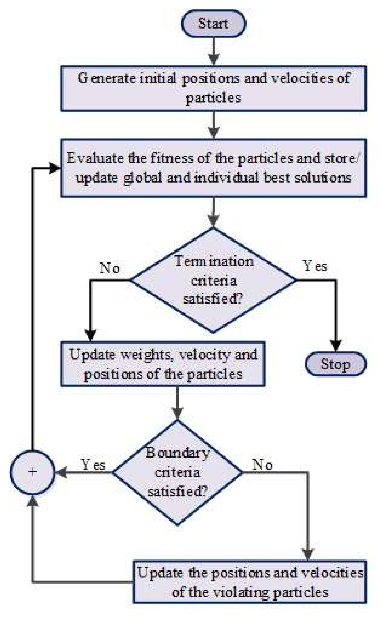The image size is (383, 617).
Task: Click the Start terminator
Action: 213,23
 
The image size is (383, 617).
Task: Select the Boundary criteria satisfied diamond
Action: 178,472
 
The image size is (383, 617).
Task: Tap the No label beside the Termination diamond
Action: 110,268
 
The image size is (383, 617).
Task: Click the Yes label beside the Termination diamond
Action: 315,266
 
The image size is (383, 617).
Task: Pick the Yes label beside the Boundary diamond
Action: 93,465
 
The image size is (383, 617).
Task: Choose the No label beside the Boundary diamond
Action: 262,465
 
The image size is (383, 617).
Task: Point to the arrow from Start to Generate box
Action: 213,51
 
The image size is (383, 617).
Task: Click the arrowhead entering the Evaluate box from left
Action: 55,168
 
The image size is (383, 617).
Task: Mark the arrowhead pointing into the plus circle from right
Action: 61,472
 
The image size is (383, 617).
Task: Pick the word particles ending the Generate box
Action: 213,98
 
